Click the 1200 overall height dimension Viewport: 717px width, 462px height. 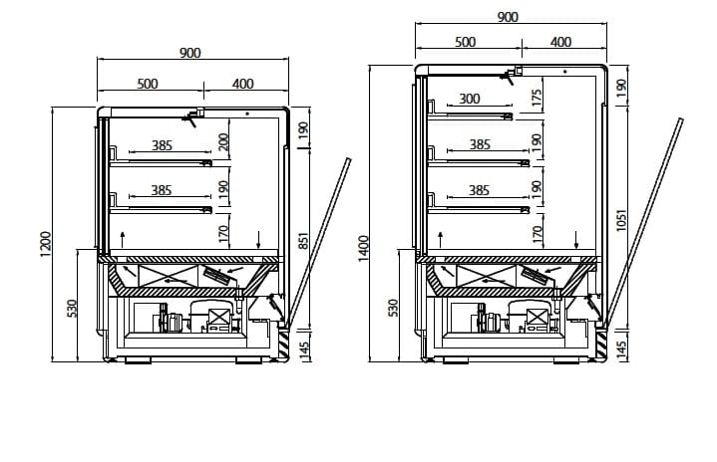[x=45, y=244]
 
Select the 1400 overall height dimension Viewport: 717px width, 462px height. [x=363, y=248]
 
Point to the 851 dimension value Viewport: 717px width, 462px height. [x=303, y=241]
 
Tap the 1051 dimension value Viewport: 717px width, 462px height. [x=620, y=220]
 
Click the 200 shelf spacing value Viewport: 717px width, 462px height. [x=223, y=141]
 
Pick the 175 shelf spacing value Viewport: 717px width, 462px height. [x=537, y=98]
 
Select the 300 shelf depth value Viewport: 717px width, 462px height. [x=469, y=99]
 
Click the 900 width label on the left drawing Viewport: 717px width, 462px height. [x=189, y=53]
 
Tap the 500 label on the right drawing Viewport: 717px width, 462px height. [x=465, y=42]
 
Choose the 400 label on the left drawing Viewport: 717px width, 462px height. [x=242, y=84]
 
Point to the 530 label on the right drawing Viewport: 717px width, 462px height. [x=393, y=308]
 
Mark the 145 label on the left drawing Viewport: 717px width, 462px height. [x=303, y=348]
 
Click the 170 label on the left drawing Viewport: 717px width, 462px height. [x=223, y=234]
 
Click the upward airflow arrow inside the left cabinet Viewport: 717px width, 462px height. [x=122, y=240]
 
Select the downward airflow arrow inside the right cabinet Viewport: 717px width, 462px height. [x=576, y=240]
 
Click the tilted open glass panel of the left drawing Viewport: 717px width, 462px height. [x=319, y=242]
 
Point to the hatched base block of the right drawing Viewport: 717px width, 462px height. [x=601, y=345]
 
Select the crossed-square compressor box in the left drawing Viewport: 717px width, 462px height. [x=218, y=317]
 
